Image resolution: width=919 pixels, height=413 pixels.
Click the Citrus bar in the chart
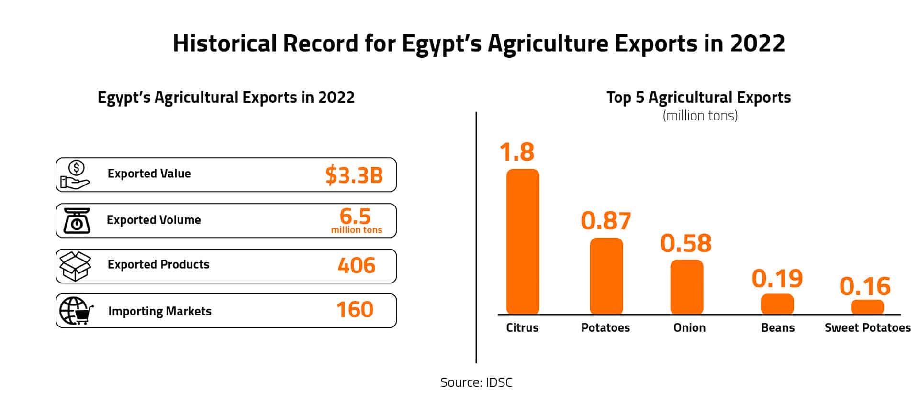click(523, 241)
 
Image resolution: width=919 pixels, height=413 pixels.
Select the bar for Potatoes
click(606, 276)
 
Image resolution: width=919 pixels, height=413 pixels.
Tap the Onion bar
click(686, 287)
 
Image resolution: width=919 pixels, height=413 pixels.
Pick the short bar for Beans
click(777, 304)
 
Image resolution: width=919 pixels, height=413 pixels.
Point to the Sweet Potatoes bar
click(867, 307)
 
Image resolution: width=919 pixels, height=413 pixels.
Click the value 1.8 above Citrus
click(516, 152)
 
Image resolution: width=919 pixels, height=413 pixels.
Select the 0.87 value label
click(605, 221)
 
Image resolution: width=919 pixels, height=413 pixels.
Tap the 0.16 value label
click(865, 286)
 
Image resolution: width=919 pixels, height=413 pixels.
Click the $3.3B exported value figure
click(354, 175)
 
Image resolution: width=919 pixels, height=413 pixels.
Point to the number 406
click(356, 266)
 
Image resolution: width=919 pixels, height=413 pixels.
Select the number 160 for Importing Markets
click(355, 310)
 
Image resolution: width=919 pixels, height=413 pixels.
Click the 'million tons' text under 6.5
click(357, 230)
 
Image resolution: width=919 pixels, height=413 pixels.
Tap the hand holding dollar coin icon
click(75, 175)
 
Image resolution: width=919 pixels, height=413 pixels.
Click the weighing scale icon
click(77, 221)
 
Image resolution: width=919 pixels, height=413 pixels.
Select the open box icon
click(75, 266)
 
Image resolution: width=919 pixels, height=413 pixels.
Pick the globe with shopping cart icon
click(76, 311)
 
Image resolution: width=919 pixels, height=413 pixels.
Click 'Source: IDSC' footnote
click(476, 382)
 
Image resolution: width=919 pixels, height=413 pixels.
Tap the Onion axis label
click(689, 328)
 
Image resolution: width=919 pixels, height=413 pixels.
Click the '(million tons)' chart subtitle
click(700, 116)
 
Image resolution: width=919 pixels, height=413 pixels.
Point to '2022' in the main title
click(757, 43)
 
